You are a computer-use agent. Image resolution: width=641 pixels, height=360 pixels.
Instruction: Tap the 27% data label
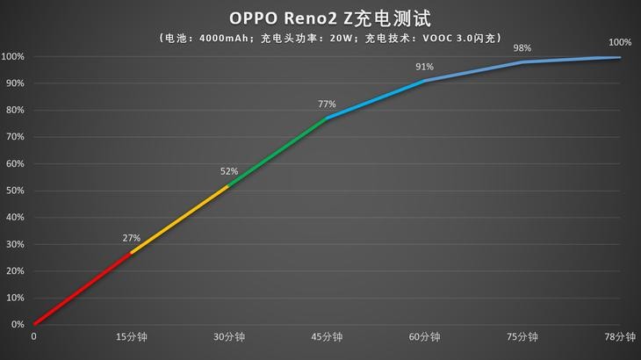(x=132, y=238)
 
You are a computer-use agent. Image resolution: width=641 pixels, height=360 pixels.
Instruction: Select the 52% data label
(x=229, y=171)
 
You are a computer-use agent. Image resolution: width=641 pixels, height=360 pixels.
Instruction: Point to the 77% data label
(x=327, y=104)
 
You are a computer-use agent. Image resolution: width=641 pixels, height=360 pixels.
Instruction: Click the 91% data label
(x=424, y=67)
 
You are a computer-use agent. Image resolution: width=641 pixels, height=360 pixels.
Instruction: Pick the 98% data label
(x=522, y=47)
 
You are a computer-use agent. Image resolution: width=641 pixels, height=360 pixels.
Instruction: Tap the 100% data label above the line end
(x=620, y=42)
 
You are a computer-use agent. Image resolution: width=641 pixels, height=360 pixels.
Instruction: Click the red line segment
(x=83, y=289)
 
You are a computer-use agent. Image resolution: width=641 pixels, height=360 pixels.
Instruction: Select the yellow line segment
(x=180, y=220)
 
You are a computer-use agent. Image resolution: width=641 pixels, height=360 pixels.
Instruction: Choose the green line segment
(x=277, y=152)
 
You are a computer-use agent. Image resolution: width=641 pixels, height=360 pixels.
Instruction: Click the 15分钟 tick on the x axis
(x=132, y=336)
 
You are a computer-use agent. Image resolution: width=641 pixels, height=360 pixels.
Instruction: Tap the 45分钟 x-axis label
(x=327, y=336)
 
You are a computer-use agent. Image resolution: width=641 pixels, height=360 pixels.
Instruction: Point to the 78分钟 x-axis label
(x=620, y=336)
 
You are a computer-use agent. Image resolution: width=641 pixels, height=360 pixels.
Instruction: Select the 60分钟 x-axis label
(x=424, y=336)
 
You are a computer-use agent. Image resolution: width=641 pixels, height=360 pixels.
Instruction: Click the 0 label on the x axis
(x=34, y=336)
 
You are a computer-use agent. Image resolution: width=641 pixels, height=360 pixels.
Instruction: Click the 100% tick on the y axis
(x=12, y=57)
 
